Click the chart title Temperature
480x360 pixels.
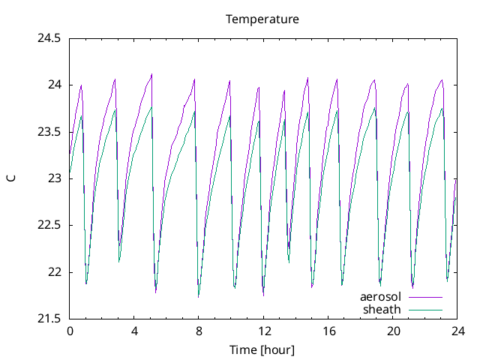262,19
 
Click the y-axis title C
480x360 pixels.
11,178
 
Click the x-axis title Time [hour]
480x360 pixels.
262,349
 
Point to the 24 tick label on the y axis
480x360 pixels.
54,85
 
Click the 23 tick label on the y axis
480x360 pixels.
54,178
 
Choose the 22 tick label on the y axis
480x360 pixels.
54,272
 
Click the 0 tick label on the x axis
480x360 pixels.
70,331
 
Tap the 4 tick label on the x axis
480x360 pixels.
134,331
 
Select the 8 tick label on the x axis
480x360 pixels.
199,331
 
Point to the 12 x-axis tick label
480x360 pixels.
263,331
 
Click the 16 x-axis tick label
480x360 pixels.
328,331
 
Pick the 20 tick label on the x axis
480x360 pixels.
392,331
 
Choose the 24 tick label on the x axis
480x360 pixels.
457,331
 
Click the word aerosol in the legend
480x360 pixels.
381,297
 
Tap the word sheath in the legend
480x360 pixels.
382,309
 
